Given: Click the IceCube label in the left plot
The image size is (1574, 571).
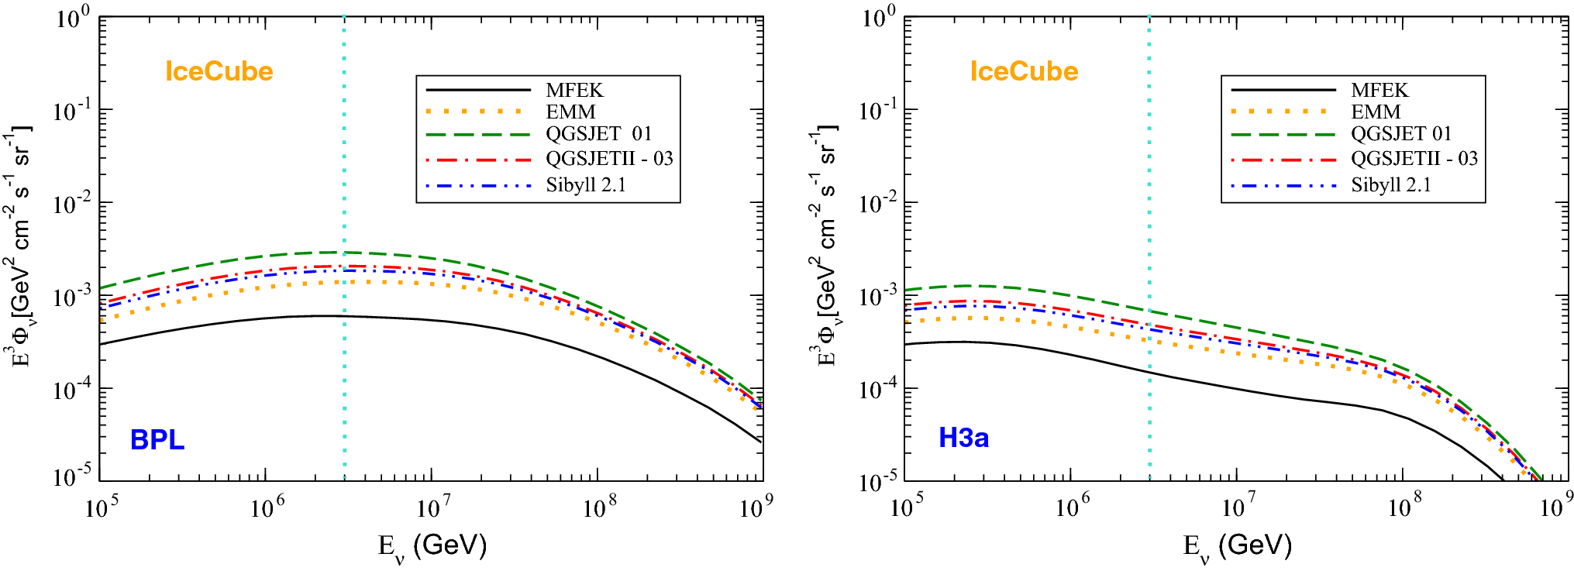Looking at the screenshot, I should point(219,71).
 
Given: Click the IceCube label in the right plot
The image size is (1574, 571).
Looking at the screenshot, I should point(1024,71).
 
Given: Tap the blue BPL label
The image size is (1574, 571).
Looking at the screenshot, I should point(157,440).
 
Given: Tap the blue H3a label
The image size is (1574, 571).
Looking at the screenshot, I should point(963,438).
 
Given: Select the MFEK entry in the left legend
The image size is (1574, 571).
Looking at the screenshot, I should point(574,90).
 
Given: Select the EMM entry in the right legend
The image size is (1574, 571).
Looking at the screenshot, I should point(1376,112).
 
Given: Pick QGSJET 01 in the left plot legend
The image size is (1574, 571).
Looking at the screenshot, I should point(598,134).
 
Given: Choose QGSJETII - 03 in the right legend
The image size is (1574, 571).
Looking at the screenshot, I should point(1414,159).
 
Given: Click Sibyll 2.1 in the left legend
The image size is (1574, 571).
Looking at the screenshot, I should point(585,185).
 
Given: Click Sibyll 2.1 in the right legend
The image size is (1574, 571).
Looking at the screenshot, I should point(1390,185).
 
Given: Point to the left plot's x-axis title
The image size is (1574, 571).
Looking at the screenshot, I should point(432,546).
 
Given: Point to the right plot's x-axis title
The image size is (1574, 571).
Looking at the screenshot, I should point(1237,546).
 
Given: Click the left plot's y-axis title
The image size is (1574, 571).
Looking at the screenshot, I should point(19,248).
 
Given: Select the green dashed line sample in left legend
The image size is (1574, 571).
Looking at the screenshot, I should point(477,135).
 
